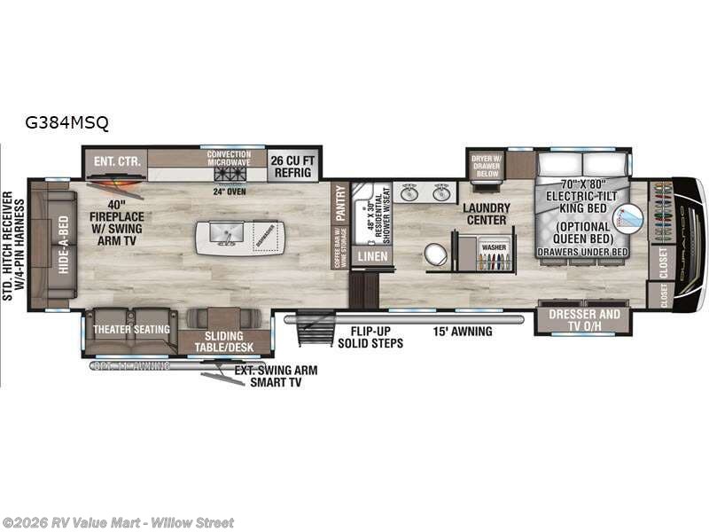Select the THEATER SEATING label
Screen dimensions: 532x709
(131, 330)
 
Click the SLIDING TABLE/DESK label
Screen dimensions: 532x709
(224, 342)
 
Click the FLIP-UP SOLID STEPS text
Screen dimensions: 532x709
(371, 337)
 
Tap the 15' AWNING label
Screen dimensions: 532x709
(462, 332)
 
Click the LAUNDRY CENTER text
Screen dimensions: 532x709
(484, 213)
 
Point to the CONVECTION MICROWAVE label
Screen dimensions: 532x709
(229, 158)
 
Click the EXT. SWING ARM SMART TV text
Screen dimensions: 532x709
(275, 375)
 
